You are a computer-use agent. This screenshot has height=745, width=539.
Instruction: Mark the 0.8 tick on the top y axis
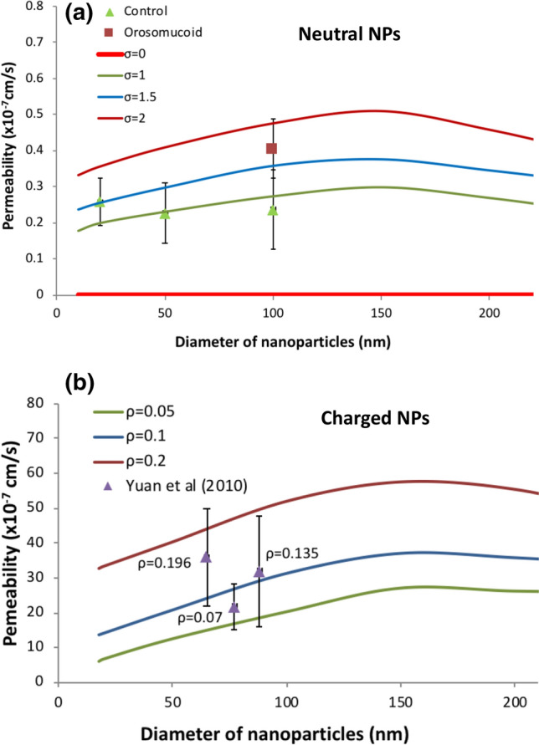[35, 6]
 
